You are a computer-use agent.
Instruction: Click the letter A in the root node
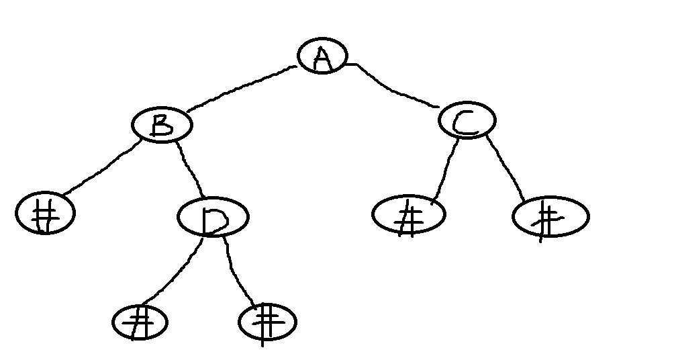[323, 58]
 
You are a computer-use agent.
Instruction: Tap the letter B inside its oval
[161, 125]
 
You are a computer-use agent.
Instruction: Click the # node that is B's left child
[44, 214]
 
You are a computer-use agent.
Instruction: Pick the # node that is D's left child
[139, 322]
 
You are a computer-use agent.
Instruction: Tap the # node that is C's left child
[408, 216]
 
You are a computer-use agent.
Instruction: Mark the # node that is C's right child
[550, 216]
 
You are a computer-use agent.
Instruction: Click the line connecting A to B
[242, 88]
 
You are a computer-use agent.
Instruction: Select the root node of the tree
[323, 58]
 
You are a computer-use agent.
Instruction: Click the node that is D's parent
[161, 125]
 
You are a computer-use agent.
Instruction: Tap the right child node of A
[467, 122]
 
